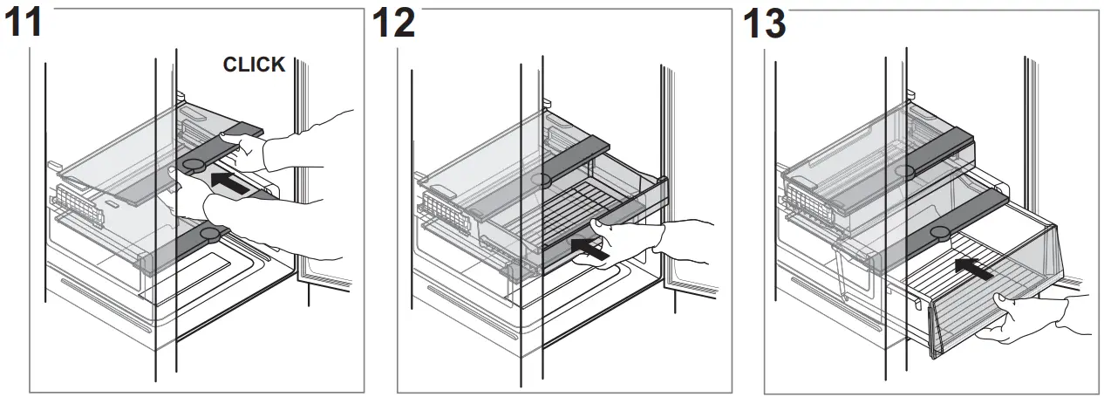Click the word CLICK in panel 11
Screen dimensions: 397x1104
(x=254, y=65)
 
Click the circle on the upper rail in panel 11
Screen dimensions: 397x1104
(x=194, y=164)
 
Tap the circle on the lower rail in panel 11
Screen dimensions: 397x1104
(x=209, y=233)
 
